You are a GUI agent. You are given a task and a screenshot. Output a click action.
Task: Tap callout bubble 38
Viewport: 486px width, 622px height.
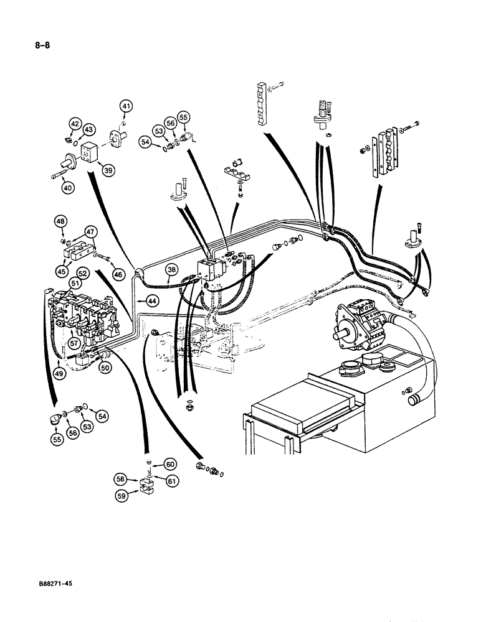click(x=171, y=269)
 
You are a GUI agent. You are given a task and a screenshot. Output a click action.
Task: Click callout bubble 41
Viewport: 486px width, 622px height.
click(x=126, y=108)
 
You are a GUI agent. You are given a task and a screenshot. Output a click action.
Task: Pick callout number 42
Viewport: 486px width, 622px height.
click(x=75, y=124)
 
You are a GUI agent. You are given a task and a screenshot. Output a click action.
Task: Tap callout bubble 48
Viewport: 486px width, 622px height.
click(x=60, y=221)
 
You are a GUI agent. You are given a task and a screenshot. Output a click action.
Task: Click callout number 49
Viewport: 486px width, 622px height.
click(x=59, y=373)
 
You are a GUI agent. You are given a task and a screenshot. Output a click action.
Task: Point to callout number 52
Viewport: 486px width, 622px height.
click(x=82, y=273)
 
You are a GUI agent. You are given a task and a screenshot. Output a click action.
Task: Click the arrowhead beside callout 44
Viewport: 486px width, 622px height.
click(x=138, y=300)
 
